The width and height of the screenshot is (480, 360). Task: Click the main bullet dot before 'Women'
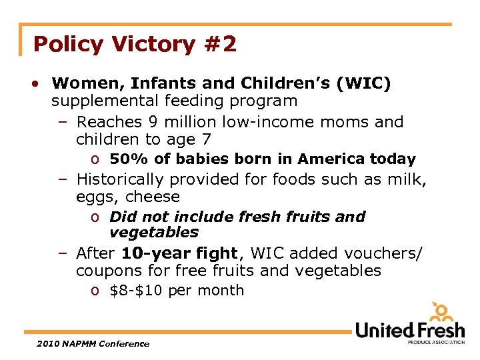click(33, 84)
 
